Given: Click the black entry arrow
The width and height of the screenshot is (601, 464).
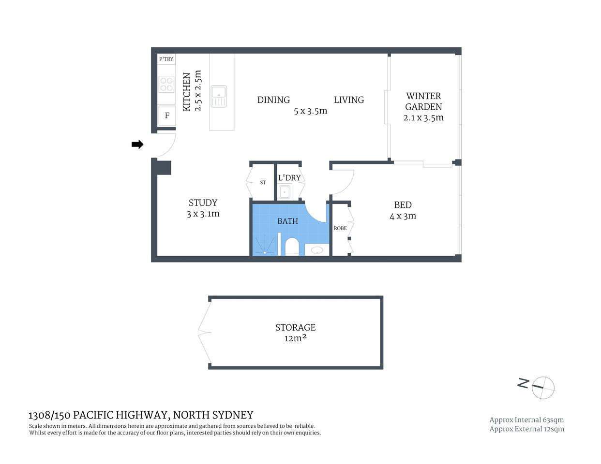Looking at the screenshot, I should (x=137, y=144).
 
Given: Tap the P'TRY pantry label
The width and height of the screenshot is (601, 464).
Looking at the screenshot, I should (x=166, y=59).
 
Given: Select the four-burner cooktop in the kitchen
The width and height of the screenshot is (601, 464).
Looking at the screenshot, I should (x=166, y=85).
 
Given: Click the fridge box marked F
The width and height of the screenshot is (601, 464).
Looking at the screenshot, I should (x=167, y=116).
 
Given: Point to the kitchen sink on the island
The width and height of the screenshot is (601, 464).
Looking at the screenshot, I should (x=219, y=96).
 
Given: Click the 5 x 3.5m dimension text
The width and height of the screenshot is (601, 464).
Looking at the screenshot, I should (x=310, y=111).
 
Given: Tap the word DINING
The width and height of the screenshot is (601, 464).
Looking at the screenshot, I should (x=273, y=100).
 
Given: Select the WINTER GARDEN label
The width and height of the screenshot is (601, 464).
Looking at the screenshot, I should (x=423, y=101).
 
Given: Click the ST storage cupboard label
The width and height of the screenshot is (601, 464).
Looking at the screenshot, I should (x=263, y=183).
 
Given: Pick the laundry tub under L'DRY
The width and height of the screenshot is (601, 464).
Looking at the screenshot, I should (x=285, y=191).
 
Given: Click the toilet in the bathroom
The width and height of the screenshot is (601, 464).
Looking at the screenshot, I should (x=292, y=246).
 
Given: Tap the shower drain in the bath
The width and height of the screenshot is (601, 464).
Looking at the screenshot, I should (x=265, y=252).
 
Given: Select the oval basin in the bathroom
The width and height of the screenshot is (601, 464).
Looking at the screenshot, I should (x=317, y=250).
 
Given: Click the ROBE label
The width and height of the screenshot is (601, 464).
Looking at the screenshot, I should (x=340, y=228).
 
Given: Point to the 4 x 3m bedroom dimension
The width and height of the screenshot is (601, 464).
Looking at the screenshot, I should (x=403, y=216).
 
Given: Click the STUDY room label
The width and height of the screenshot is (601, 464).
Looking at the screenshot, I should (x=203, y=203).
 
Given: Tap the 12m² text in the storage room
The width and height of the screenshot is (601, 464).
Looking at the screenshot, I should (x=295, y=338).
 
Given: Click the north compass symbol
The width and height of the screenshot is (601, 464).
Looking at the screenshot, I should (x=542, y=387).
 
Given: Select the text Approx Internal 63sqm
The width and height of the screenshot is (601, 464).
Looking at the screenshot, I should (x=526, y=420).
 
